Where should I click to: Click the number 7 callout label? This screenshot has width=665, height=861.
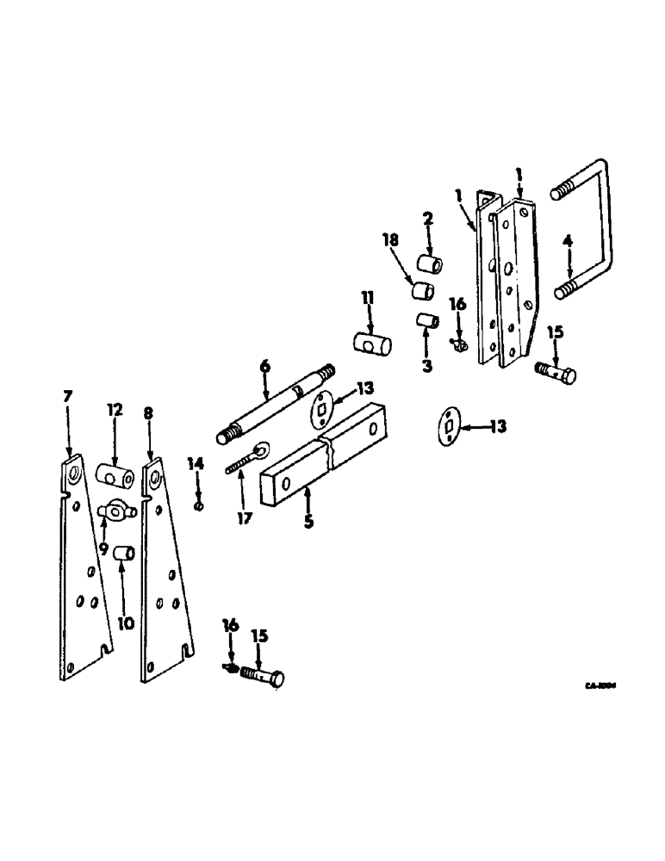click(67, 396)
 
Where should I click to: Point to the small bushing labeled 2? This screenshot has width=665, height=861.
click(430, 263)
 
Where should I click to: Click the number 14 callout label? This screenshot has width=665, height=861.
click(196, 464)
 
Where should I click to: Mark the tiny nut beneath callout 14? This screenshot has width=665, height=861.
click(199, 506)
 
